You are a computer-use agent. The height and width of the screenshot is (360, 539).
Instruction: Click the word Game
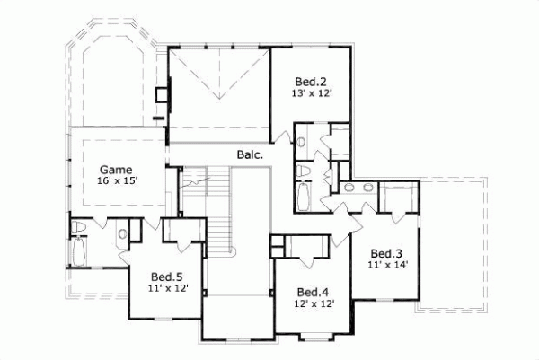pos(116,169)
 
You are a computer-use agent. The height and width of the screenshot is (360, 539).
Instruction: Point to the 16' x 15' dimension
pos(117,181)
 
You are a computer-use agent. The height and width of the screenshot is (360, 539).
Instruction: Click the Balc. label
pos(250,154)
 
